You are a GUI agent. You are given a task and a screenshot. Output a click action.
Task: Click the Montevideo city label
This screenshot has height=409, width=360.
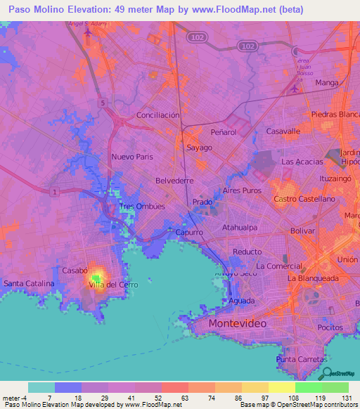pyautogui.click(x=237, y=323)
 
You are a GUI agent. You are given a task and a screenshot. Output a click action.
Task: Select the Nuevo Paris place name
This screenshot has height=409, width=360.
pyautogui.click(x=132, y=157)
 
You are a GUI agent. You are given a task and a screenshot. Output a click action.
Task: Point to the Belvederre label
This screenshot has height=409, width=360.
pyautogui.click(x=174, y=181)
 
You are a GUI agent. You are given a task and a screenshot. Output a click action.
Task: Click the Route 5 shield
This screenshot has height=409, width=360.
pyautogui.click(x=103, y=103)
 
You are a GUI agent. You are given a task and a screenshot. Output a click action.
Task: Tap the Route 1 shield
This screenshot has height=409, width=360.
pyautogui.click(x=53, y=192)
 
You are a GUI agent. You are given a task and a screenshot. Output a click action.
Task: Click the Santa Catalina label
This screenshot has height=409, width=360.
pyautogui.click(x=29, y=283)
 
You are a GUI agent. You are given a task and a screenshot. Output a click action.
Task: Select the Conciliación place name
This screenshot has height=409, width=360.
pyautogui.click(x=158, y=115)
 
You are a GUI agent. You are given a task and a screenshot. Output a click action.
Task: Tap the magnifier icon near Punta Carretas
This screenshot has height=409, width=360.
pyautogui.click(x=326, y=373)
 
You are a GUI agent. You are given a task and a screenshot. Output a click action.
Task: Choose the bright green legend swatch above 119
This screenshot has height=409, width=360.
pyautogui.click(x=308, y=387)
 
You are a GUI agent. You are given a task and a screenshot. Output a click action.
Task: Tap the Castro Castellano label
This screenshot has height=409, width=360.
pyautogui.click(x=304, y=200)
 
